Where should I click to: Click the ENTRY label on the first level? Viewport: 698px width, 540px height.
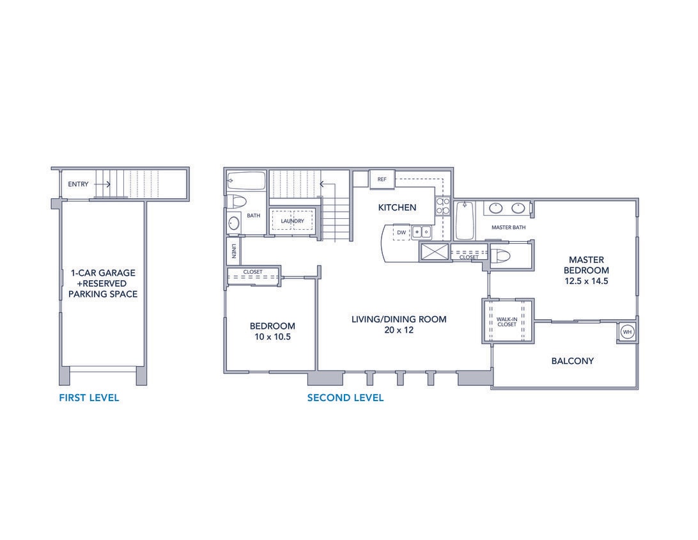click(x=78, y=184)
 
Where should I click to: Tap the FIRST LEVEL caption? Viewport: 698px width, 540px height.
click(x=89, y=398)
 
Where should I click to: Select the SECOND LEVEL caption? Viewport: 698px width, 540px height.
click(x=345, y=398)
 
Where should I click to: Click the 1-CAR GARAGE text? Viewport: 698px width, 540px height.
click(x=103, y=273)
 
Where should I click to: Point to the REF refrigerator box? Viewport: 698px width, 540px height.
click(x=382, y=179)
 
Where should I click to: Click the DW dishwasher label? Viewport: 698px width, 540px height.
click(x=401, y=232)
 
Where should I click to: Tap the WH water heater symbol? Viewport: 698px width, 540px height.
click(x=627, y=333)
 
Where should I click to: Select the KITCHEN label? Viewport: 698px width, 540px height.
click(x=397, y=207)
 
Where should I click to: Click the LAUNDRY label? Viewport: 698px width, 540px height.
click(x=292, y=221)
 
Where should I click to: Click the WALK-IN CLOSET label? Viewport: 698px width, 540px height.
click(x=507, y=321)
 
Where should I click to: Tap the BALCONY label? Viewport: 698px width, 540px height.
click(x=572, y=361)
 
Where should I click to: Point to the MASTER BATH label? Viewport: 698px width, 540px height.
click(x=508, y=227)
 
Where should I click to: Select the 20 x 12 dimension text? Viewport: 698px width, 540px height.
click(x=399, y=330)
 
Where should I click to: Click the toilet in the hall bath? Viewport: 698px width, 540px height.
click(x=237, y=202)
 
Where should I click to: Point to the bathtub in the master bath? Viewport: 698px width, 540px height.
click(x=464, y=220)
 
